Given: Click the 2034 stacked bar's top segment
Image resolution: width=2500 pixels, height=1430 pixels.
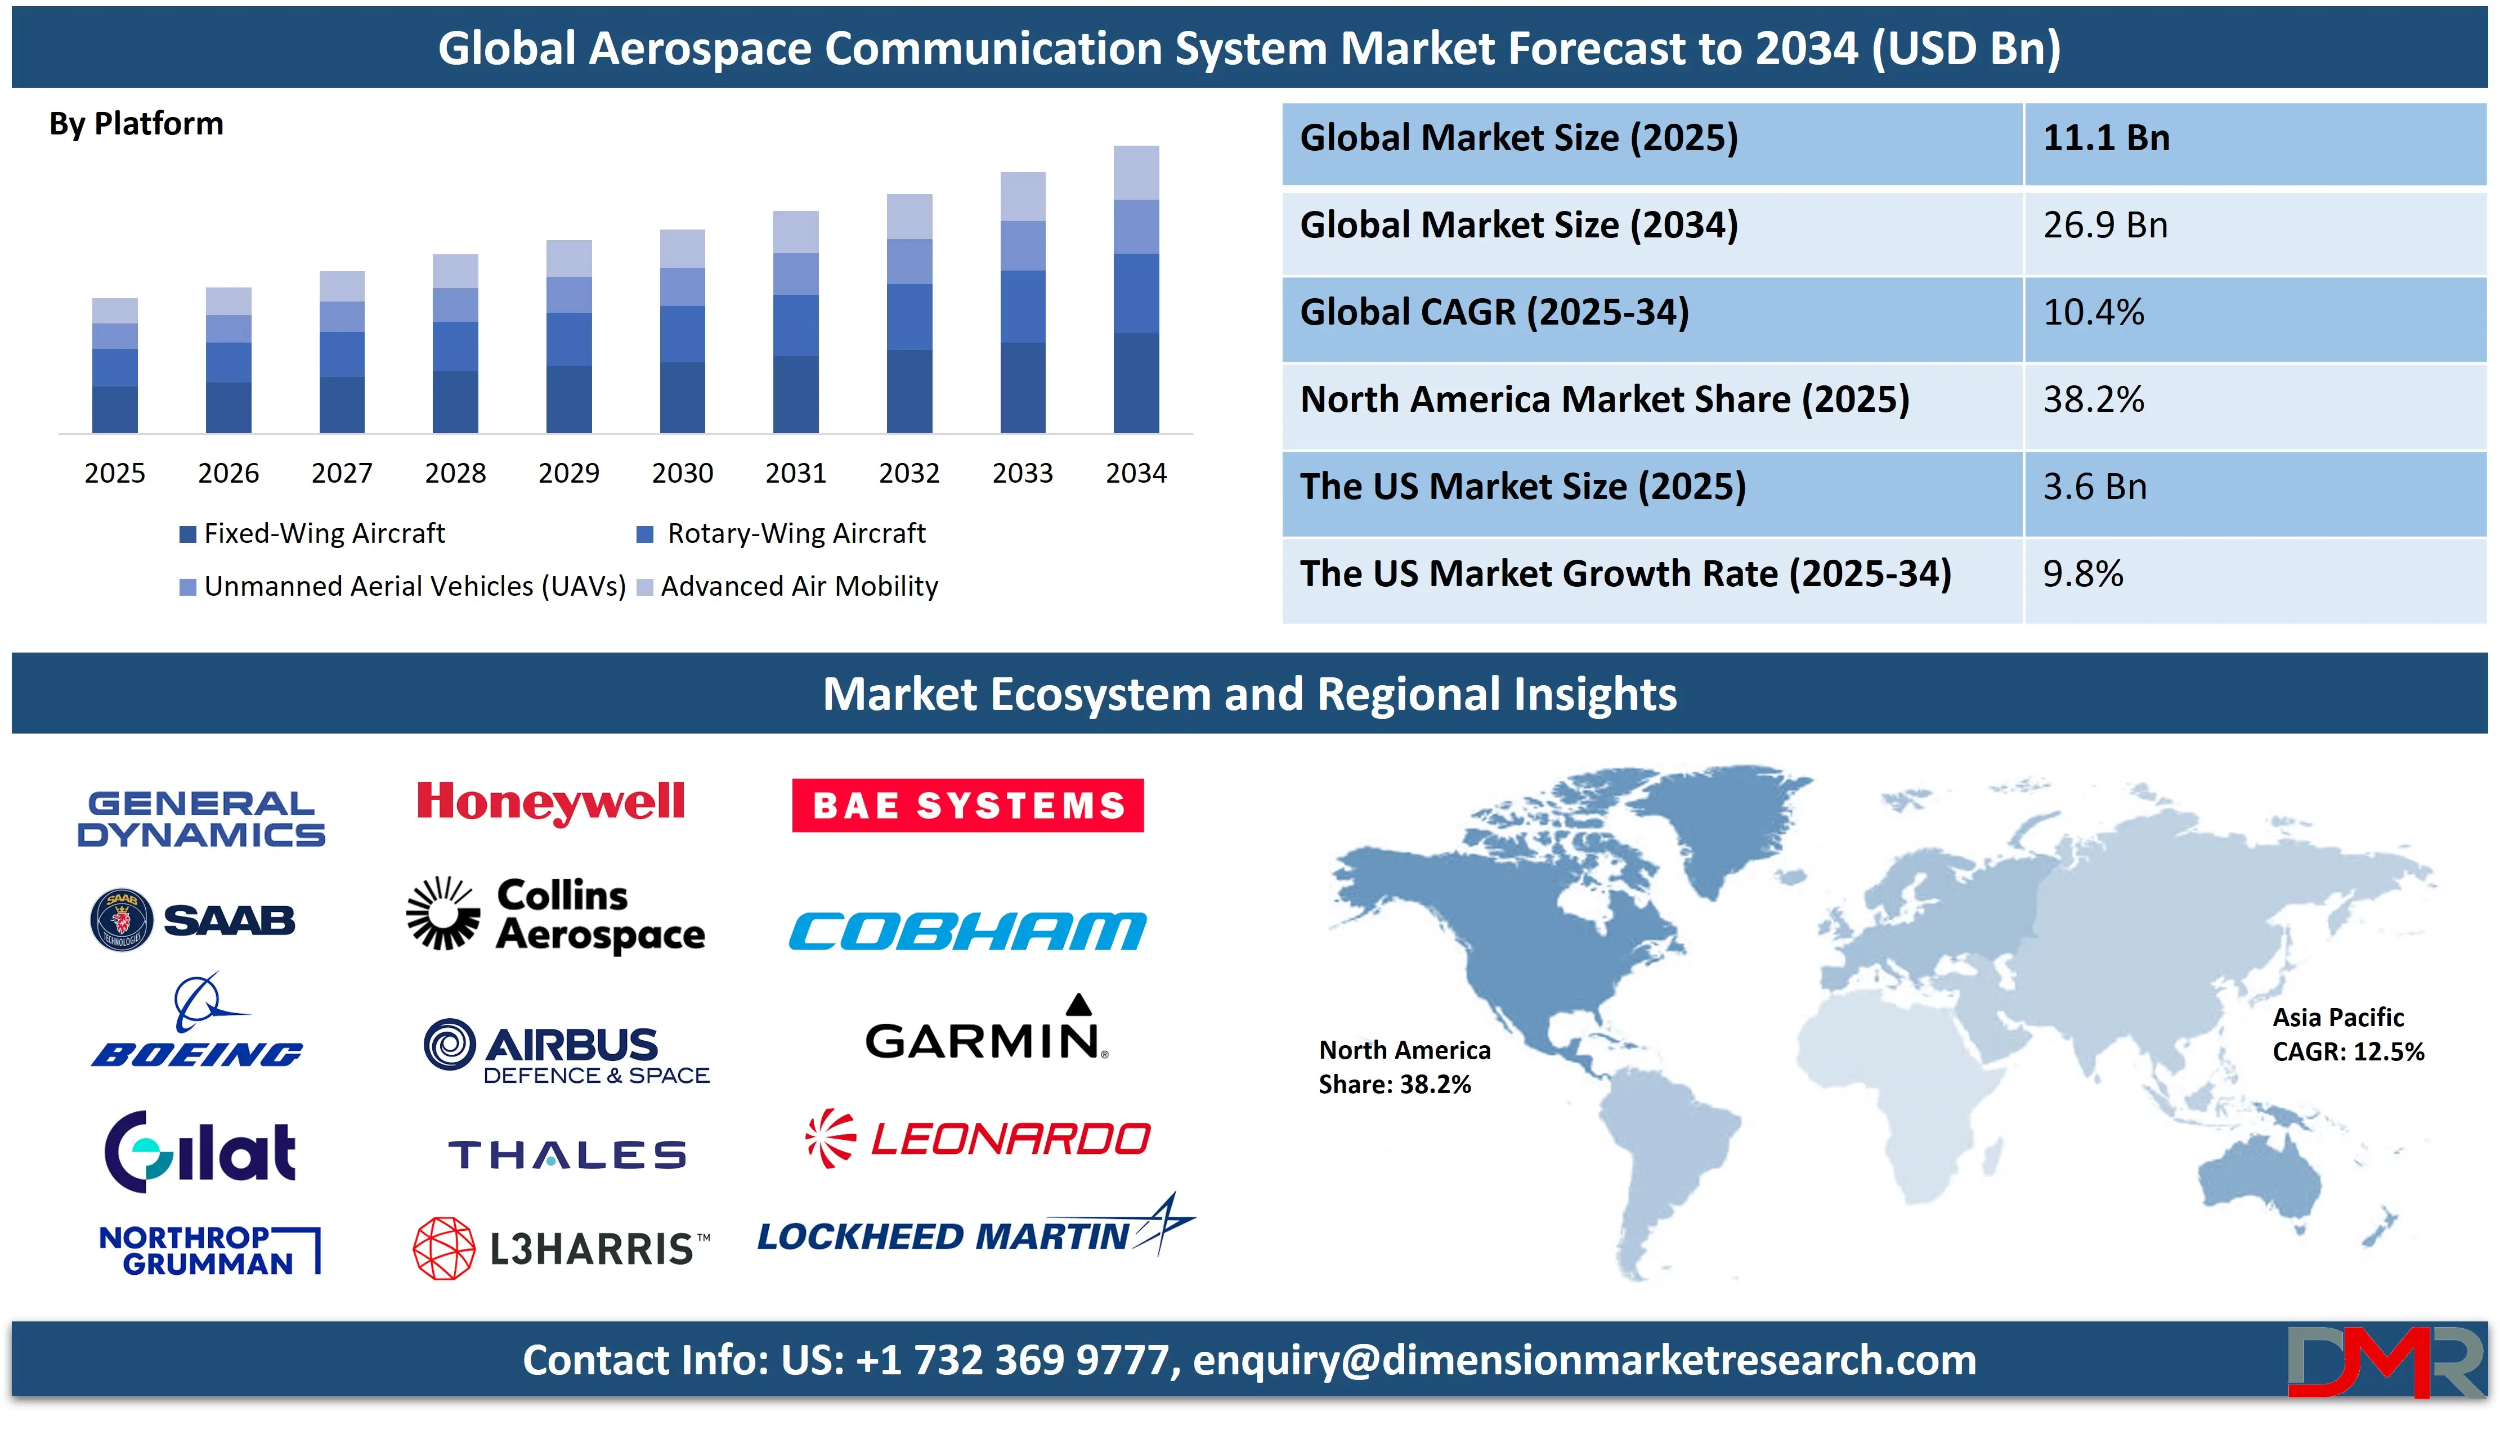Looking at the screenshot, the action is click(1136, 173).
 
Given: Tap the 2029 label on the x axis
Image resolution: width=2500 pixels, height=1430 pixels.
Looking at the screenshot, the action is click(569, 474).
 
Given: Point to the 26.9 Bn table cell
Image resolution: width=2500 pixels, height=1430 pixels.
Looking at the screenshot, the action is click(2105, 225).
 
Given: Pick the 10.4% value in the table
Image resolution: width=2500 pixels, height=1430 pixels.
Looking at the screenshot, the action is click(2093, 312).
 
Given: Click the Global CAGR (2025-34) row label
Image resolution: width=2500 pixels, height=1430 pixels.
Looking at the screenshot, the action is click(1494, 312).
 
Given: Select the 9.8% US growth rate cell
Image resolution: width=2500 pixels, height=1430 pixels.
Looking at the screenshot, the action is click(2082, 574).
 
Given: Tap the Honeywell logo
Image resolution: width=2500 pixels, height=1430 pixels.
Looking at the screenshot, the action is click(550, 803).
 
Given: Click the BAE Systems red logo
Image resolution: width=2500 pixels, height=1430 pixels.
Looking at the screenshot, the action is click(967, 806).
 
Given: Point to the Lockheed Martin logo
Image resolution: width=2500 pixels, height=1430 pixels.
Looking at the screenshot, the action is click(975, 1227).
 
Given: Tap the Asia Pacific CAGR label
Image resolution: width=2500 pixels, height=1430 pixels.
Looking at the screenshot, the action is click(2347, 1034).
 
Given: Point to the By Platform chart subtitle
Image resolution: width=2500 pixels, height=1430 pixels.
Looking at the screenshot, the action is click(137, 124).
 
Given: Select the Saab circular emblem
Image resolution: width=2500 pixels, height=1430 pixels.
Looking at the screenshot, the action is click(122, 920).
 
